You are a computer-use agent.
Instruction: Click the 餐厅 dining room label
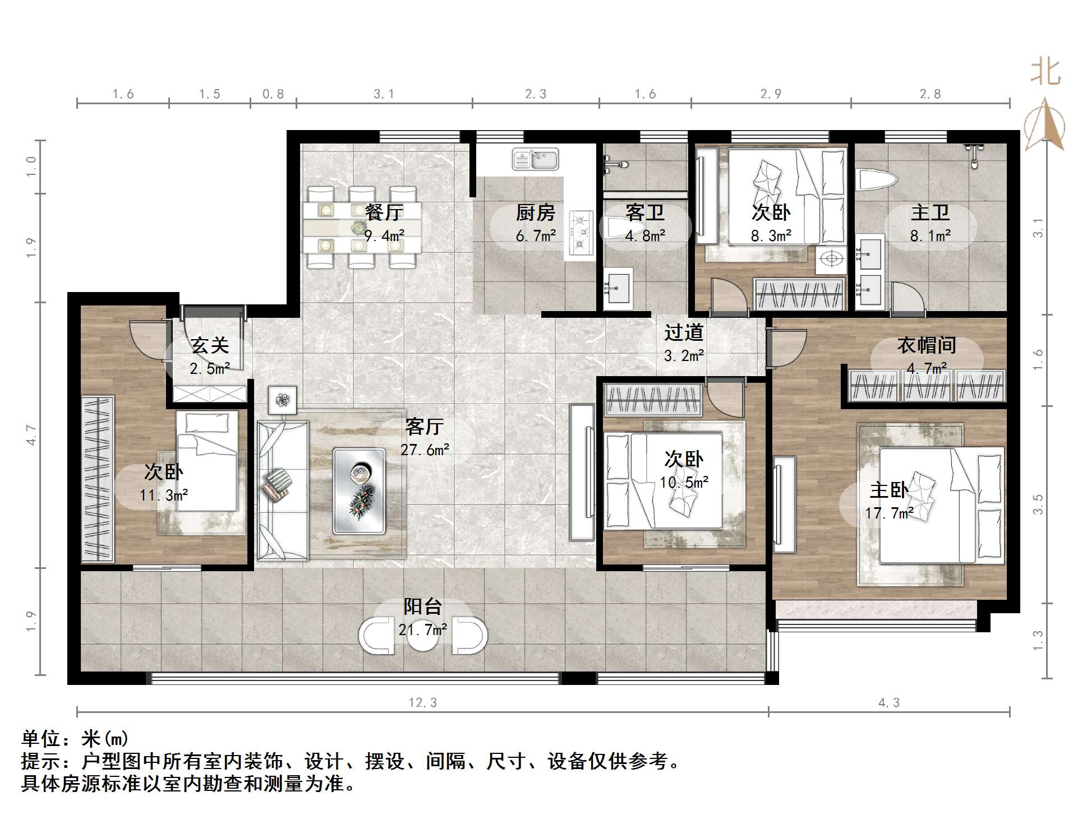click(x=384, y=212)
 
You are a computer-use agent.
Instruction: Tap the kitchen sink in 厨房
click(x=535, y=159)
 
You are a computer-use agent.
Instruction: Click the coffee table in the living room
click(x=359, y=490)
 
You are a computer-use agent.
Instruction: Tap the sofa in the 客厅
click(x=283, y=491)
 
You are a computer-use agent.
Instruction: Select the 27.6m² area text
click(x=425, y=450)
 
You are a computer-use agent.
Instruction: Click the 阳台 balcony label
click(x=423, y=606)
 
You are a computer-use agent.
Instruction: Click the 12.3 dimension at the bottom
click(x=422, y=702)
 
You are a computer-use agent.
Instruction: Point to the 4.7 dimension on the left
click(x=31, y=435)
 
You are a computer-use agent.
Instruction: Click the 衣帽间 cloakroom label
click(x=927, y=345)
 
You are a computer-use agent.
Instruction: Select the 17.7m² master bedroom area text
click(x=890, y=513)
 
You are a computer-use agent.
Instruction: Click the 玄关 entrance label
click(x=210, y=345)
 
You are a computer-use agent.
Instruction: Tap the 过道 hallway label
click(x=684, y=332)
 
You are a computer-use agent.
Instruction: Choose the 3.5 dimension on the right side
click(x=1039, y=504)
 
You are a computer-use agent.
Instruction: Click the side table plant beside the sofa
click(x=283, y=400)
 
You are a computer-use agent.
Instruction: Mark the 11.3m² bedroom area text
click(x=164, y=495)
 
